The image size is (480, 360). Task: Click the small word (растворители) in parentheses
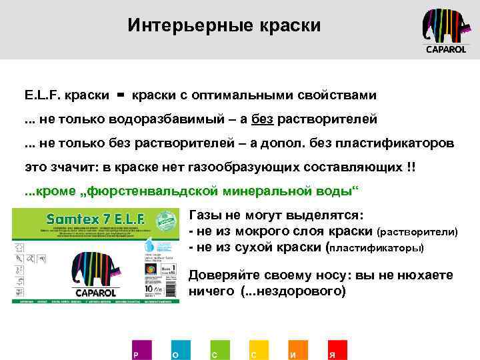click(x=417, y=233)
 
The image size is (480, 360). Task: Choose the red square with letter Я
click(x=336, y=350)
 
